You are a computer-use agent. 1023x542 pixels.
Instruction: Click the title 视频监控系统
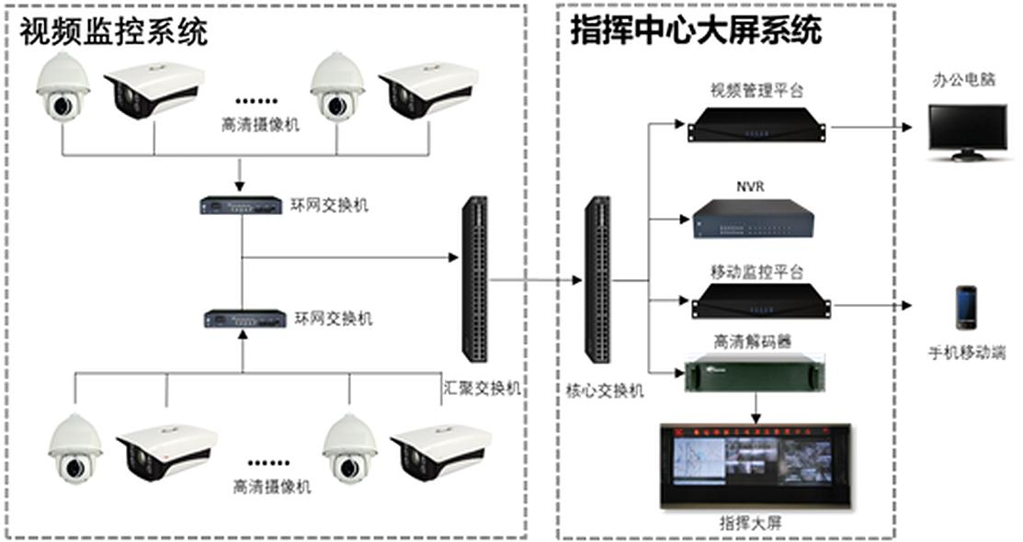coord(114,32)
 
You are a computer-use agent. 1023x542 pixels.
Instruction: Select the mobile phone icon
coord(965,308)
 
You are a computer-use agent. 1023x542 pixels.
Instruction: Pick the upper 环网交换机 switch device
coord(240,206)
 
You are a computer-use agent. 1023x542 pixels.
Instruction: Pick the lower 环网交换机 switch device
coord(243,320)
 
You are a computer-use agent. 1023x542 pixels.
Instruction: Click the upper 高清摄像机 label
coord(260,124)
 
